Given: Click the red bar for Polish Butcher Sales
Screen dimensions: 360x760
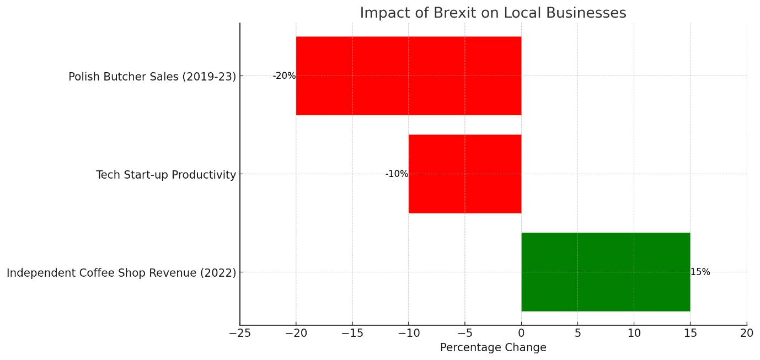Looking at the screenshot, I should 408,76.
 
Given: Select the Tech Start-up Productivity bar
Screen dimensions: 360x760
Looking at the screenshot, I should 464,174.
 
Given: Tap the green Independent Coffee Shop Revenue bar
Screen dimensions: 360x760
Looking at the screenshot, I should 605,272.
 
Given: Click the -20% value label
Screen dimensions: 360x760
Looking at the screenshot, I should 284,76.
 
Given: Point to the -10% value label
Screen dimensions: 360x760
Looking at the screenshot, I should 397,174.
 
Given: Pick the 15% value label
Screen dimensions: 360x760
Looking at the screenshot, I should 700,272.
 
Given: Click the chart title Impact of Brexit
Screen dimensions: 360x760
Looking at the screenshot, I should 493,13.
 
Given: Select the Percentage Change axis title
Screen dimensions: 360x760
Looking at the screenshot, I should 493,348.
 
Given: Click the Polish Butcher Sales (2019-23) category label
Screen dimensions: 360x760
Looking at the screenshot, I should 152,77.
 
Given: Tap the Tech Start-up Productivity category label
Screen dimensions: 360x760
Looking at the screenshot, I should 165,175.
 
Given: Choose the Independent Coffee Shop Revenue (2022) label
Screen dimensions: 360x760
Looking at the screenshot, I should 121,273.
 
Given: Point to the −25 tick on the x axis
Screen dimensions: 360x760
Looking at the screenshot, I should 240,333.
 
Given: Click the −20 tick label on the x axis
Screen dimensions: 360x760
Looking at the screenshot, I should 296,333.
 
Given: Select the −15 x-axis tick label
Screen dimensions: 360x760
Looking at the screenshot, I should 352,333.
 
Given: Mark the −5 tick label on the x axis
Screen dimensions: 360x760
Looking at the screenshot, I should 464,333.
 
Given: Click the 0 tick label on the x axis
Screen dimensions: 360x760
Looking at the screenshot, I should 521,333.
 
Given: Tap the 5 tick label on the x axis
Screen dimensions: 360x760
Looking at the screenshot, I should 577,333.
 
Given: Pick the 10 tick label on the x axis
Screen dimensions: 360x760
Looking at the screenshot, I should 634,333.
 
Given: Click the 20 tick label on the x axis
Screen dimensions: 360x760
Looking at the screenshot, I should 746,333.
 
